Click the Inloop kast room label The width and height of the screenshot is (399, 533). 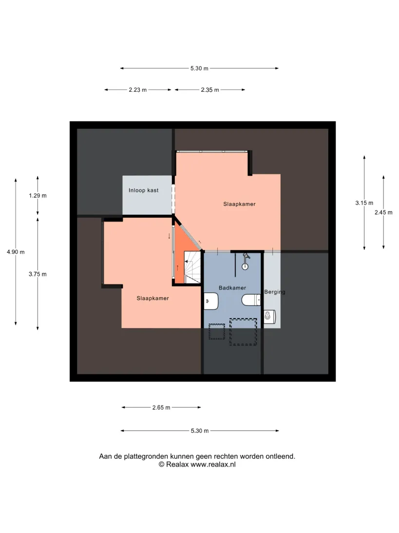click(144, 190)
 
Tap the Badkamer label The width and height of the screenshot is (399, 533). click(232, 288)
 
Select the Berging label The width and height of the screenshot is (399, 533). click(275, 292)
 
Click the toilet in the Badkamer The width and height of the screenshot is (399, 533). click(251, 300)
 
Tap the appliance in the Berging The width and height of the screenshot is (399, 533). click(270, 316)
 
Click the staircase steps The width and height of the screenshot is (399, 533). click(192, 267)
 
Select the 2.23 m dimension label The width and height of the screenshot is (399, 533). click(138, 90)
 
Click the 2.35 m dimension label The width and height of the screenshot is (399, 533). click(210, 90)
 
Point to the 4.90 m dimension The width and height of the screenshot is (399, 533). click(16, 252)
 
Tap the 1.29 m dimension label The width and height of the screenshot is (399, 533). click(38, 196)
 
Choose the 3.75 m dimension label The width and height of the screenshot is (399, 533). click(38, 274)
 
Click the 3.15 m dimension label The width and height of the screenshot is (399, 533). click(364, 203)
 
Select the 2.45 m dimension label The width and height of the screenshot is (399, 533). click(383, 212)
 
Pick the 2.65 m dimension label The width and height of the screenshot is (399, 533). click(161, 408)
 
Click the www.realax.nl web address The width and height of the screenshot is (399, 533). click(213, 465)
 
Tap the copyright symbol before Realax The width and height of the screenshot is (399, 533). click(162, 465)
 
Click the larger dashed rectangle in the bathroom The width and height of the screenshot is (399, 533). click(243, 332)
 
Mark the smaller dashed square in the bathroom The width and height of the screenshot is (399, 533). click(217, 331)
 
